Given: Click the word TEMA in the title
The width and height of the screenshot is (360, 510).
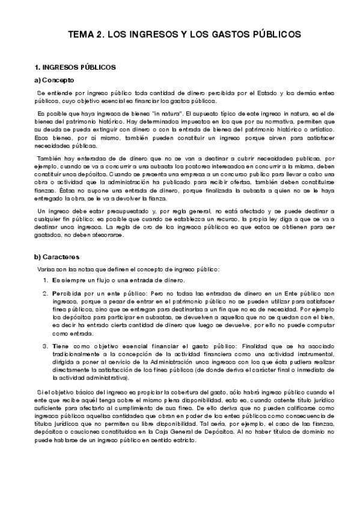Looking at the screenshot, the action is [x=80, y=35].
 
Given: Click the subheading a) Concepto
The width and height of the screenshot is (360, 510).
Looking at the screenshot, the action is [x=54, y=79].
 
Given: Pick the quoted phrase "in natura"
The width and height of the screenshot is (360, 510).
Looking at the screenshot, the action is [x=170, y=114].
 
